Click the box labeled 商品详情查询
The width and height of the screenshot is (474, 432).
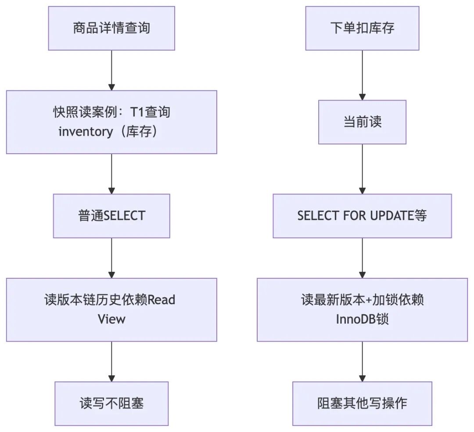tap(111, 28)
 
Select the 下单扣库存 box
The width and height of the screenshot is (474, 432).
tap(362, 28)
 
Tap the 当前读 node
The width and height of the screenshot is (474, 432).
tap(362, 122)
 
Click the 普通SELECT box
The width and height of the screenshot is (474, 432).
tap(111, 216)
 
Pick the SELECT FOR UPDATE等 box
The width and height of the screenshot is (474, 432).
tap(362, 216)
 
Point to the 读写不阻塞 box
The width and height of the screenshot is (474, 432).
tap(111, 403)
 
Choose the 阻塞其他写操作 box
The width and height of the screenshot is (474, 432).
tap(362, 403)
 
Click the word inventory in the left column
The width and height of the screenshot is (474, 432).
tap(86, 132)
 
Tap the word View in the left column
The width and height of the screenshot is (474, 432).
tap(111, 319)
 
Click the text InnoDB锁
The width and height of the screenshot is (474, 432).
tap(362, 319)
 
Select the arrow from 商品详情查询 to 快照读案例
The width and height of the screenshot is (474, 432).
tap(111, 70)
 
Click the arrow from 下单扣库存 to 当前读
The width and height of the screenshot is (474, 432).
tap(362, 75)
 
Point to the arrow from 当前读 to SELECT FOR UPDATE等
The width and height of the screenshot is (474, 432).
tap(362, 169)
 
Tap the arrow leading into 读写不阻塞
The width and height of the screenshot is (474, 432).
tap(111, 361)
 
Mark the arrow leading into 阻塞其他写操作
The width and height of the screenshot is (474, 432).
tap(362, 361)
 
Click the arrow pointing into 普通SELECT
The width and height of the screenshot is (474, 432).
tap(111, 174)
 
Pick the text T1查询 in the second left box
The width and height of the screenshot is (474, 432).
tap(150, 112)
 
